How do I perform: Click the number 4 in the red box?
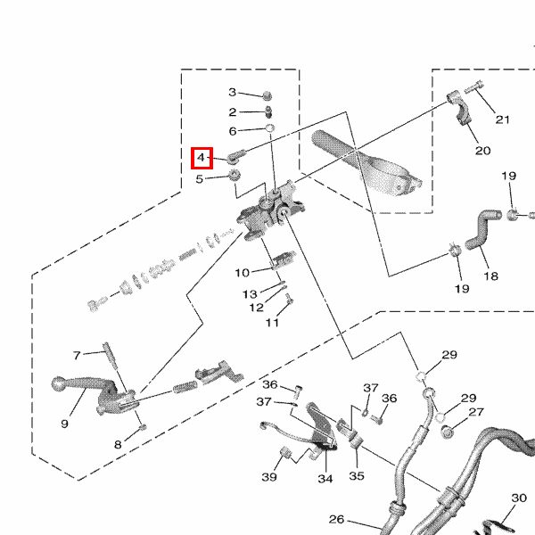(x=202, y=158)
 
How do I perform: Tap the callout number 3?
(x=233, y=92)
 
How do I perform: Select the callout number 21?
(x=502, y=119)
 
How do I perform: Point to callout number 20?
(x=482, y=151)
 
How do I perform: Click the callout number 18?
(x=490, y=276)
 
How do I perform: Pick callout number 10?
(x=243, y=273)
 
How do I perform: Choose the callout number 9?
(x=64, y=424)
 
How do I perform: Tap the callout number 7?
(x=77, y=356)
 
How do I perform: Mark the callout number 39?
(x=269, y=477)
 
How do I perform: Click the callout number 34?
(x=325, y=479)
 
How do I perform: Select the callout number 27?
(x=476, y=412)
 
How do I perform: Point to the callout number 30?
(x=519, y=498)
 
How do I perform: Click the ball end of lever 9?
(x=59, y=383)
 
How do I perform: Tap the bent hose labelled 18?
(x=481, y=231)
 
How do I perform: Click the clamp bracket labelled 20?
(x=458, y=108)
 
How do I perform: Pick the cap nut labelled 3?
(x=267, y=96)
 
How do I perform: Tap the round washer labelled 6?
(x=270, y=128)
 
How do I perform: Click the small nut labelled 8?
(x=144, y=427)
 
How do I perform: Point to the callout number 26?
(x=336, y=519)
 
